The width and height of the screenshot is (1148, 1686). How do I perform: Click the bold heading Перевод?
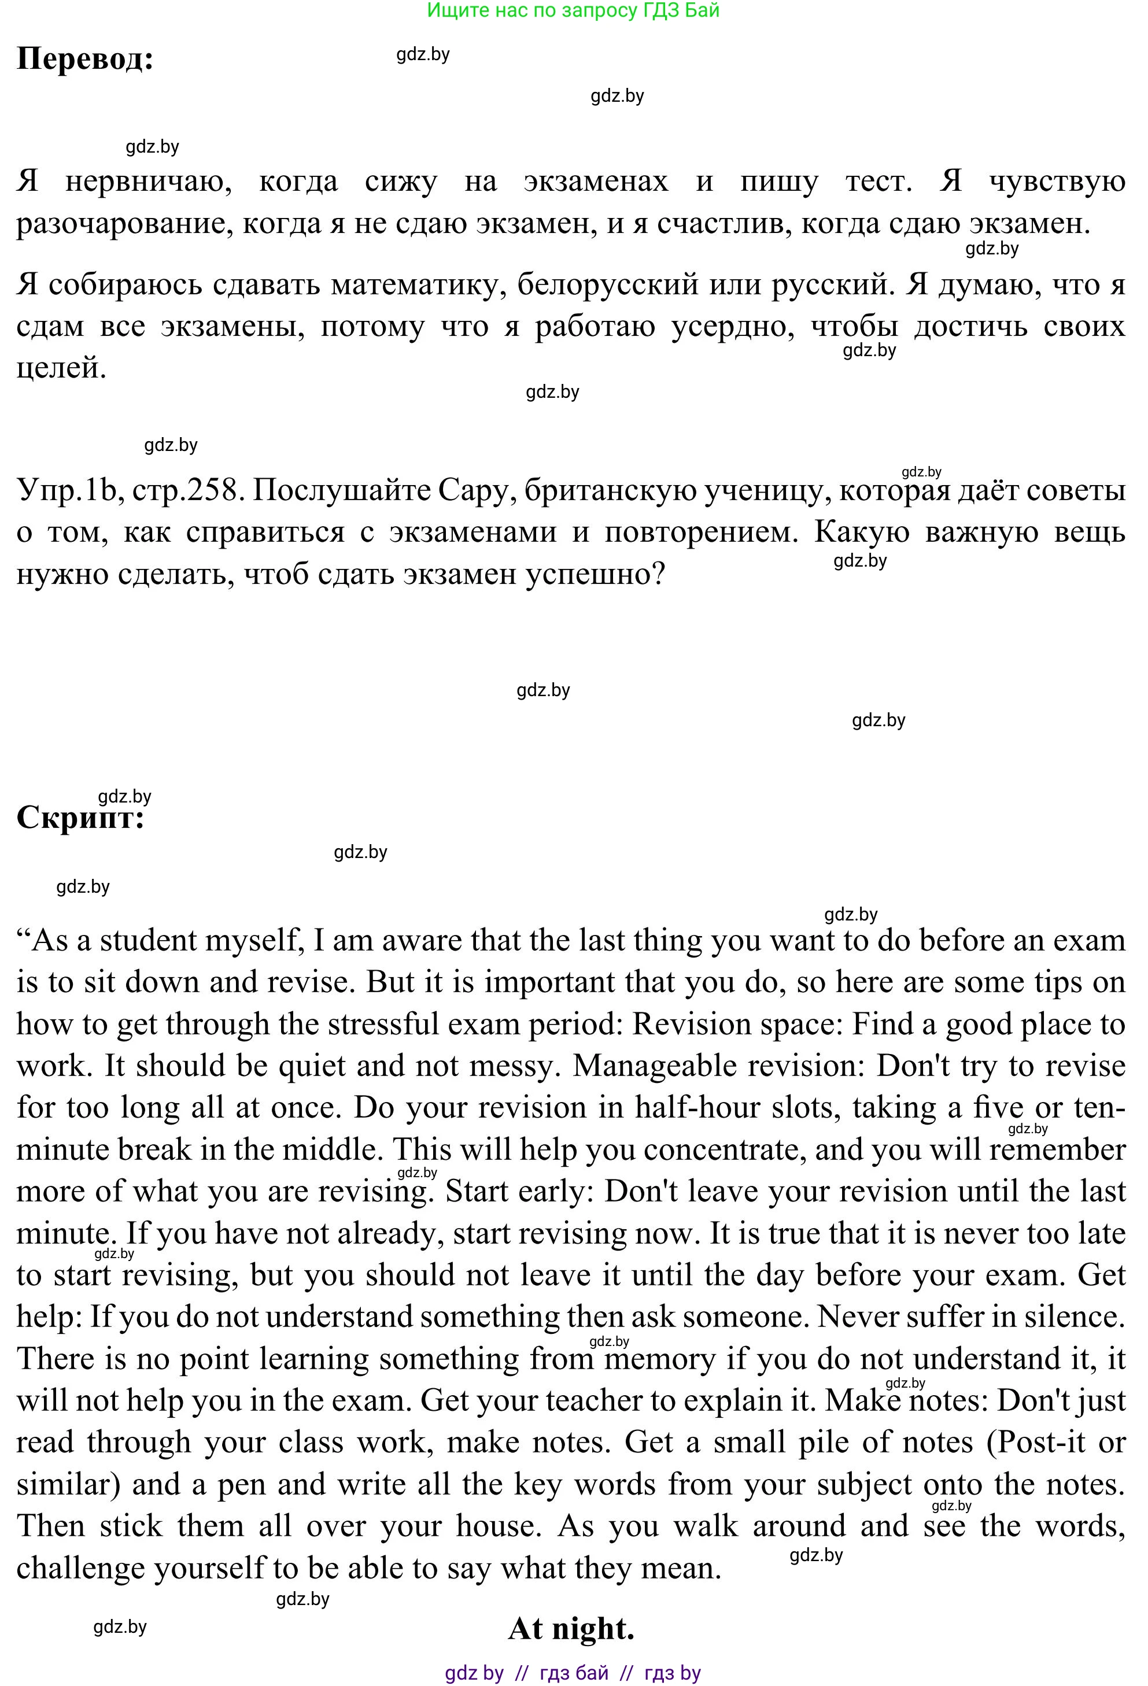click(85, 60)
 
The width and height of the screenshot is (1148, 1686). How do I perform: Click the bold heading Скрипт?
click(80, 818)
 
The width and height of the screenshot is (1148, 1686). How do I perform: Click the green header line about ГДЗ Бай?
click(573, 10)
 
